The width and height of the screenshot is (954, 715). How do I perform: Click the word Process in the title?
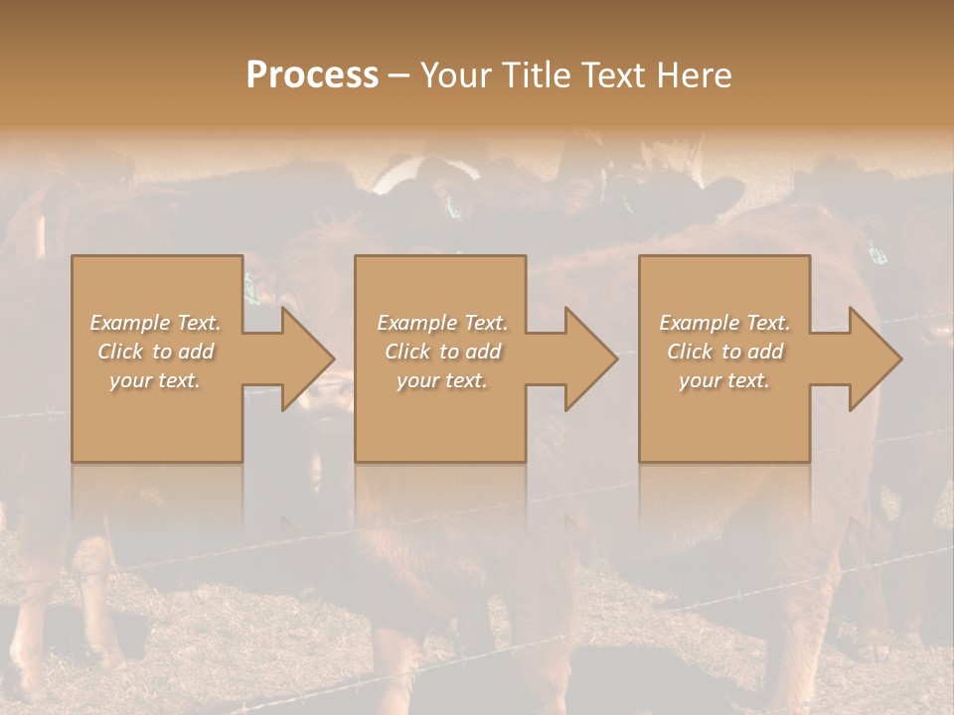click(312, 75)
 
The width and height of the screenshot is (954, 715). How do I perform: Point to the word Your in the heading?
click(454, 75)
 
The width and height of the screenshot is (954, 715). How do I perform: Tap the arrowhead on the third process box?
click(874, 358)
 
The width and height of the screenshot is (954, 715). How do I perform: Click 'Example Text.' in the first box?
click(156, 323)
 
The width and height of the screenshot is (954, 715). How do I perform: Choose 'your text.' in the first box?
click(156, 380)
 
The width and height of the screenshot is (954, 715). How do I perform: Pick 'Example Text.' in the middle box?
click(442, 323)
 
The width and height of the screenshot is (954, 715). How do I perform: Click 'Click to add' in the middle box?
click(442, 352)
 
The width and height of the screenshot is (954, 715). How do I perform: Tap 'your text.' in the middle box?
click(442, 380)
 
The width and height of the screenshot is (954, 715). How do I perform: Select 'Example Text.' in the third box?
click(724, 323)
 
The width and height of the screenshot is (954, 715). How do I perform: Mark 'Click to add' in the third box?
click(724, 352)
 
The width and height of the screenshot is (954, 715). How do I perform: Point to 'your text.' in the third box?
click(724, 380)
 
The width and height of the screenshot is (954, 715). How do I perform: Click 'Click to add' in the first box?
click(156, 352)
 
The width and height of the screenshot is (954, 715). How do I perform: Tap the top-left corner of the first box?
click(73, 257)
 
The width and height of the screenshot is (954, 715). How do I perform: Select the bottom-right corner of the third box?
click(808, 460)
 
